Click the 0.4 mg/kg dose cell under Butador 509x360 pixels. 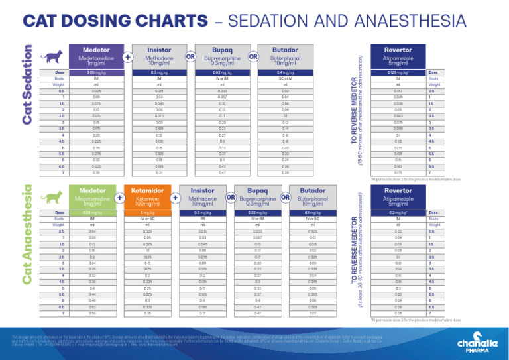coord(285,72)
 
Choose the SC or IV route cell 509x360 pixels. coord(285,78)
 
